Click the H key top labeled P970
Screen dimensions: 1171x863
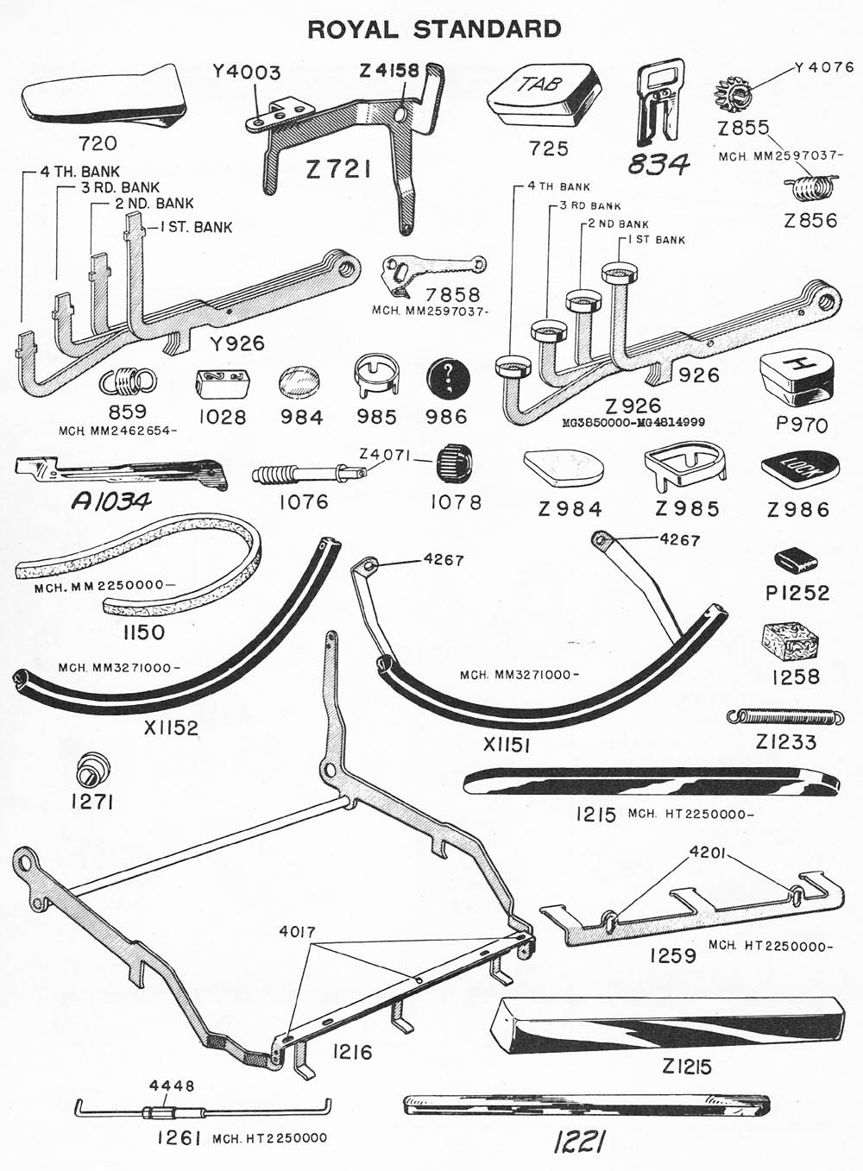797,381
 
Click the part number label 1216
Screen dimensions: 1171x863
352,1052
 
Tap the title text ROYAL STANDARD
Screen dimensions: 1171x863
434,29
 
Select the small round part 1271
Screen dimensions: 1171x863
91,766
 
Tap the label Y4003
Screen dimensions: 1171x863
247,72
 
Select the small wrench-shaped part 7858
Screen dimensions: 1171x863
430,268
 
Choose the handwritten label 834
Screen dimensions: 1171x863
659,163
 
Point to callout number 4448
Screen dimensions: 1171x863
172,1086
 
